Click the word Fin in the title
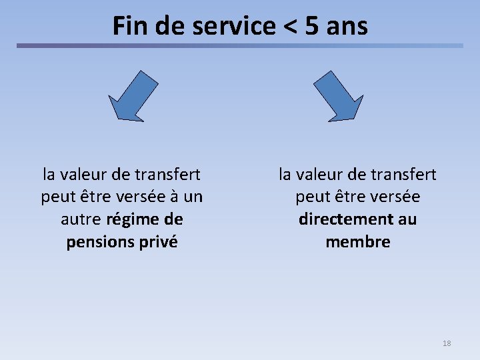point(128,26)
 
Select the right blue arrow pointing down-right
point(339,97)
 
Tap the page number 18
point(447,343)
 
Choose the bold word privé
point(159,241)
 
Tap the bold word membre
point(358,241)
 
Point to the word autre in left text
point(81,219)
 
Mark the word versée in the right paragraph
point(395,197)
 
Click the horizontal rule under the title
point(240,46)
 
